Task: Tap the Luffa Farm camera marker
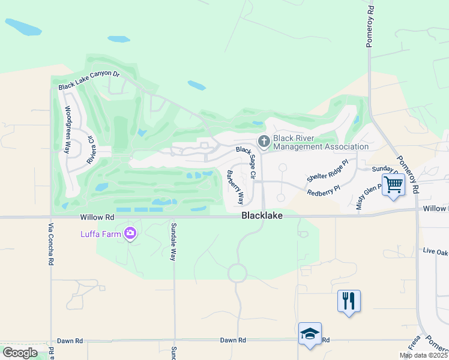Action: coord(130,233)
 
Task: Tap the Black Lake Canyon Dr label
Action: coord(89,82)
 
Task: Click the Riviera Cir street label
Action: coord(91,150)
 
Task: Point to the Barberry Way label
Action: coord(235,187)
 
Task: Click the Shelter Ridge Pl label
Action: coord(327,171)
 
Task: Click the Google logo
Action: coord(19,352)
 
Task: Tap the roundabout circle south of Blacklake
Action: coord(237,274)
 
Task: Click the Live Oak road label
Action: coord(435,251)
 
